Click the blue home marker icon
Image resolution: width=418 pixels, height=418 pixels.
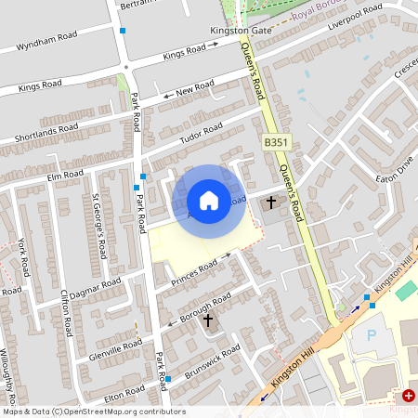click(x=209, y=201)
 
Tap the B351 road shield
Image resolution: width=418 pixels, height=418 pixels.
click(x=275, y=143)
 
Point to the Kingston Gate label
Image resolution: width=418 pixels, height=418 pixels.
click(x=240, y=31)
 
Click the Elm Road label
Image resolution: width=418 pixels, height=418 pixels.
click(x=65, y=174)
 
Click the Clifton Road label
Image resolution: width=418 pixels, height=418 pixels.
click(x=66, y=312)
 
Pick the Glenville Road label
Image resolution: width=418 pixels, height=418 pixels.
click(x=111, y=349)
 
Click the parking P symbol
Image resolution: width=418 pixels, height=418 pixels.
click(x=374, y=335)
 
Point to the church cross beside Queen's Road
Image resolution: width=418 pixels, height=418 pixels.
click(x=272, y=202)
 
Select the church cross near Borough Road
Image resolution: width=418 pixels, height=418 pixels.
click(x=208, y=321)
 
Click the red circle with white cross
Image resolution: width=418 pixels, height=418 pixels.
click(x=409, y=395)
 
